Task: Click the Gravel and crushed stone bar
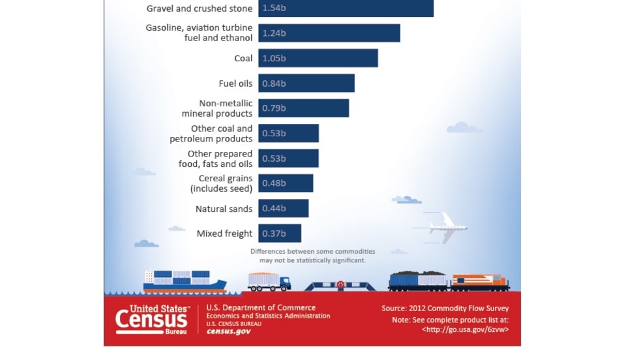346,8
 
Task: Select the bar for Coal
318,58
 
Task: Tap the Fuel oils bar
306,83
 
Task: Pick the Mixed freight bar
280,233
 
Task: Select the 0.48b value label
274,183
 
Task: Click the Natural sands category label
224,209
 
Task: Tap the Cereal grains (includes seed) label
221,183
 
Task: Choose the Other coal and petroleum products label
211,134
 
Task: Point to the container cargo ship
185,280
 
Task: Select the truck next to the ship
269,281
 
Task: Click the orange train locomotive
480,282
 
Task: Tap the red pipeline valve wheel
340,284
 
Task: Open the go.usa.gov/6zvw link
465,329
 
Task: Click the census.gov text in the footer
228,331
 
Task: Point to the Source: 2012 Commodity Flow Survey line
445,308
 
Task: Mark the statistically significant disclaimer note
312,255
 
